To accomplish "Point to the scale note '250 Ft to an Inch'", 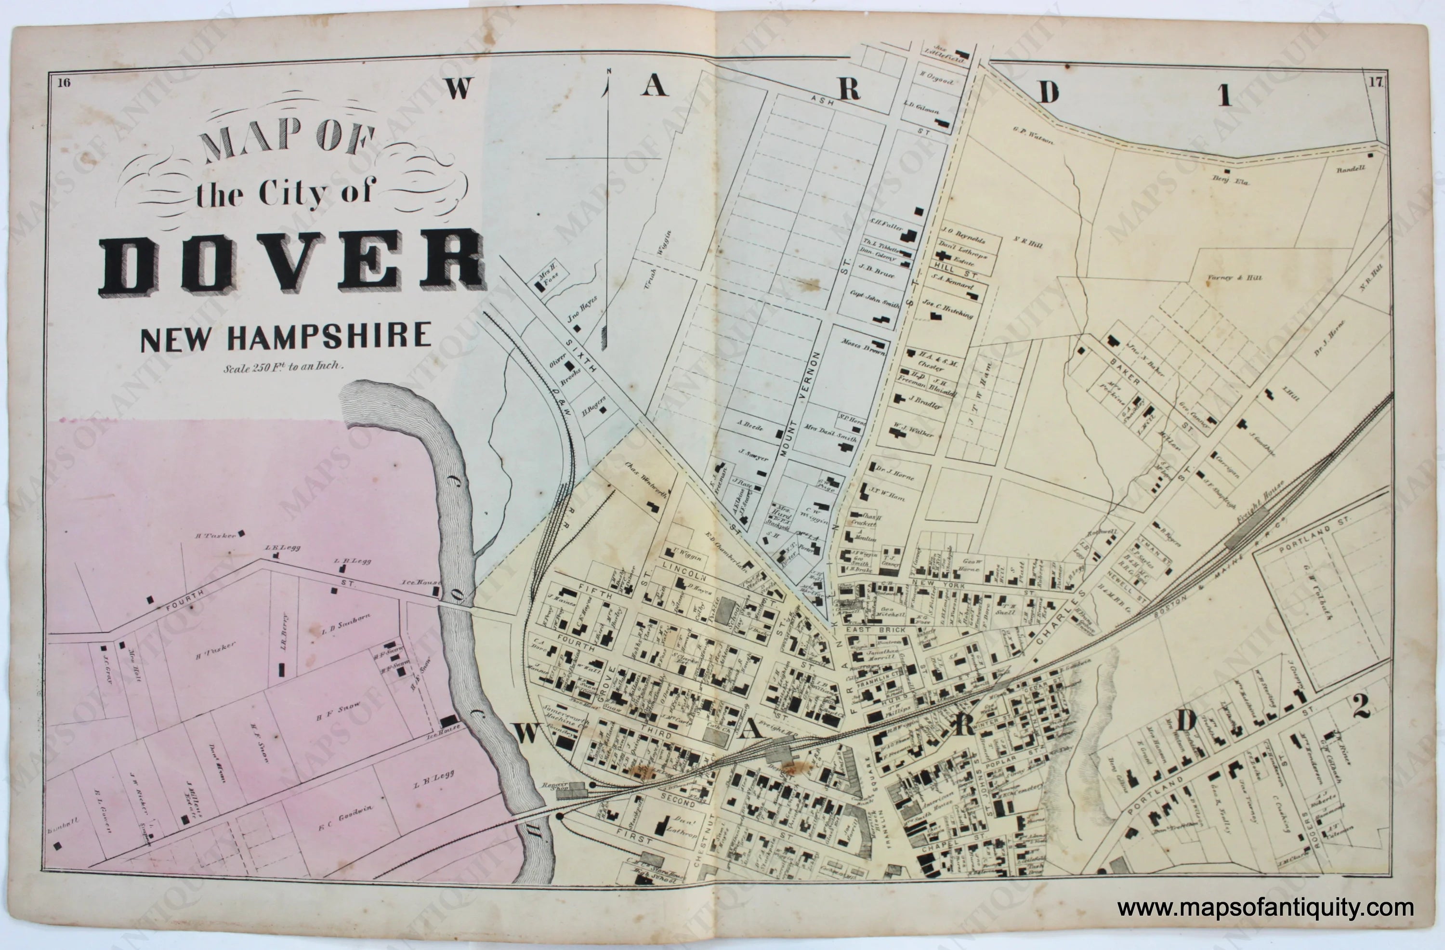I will tap(284, 367).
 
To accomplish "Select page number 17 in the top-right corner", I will tap(1375, 83).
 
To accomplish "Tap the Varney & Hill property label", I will tap(1234, 277).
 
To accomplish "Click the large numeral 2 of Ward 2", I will tap(1360, 706).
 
